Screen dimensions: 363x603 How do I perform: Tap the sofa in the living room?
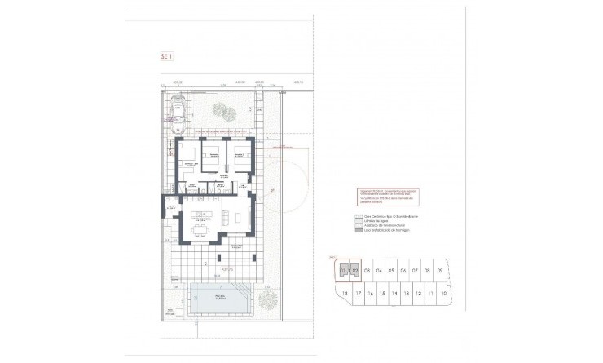click(238, 218)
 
